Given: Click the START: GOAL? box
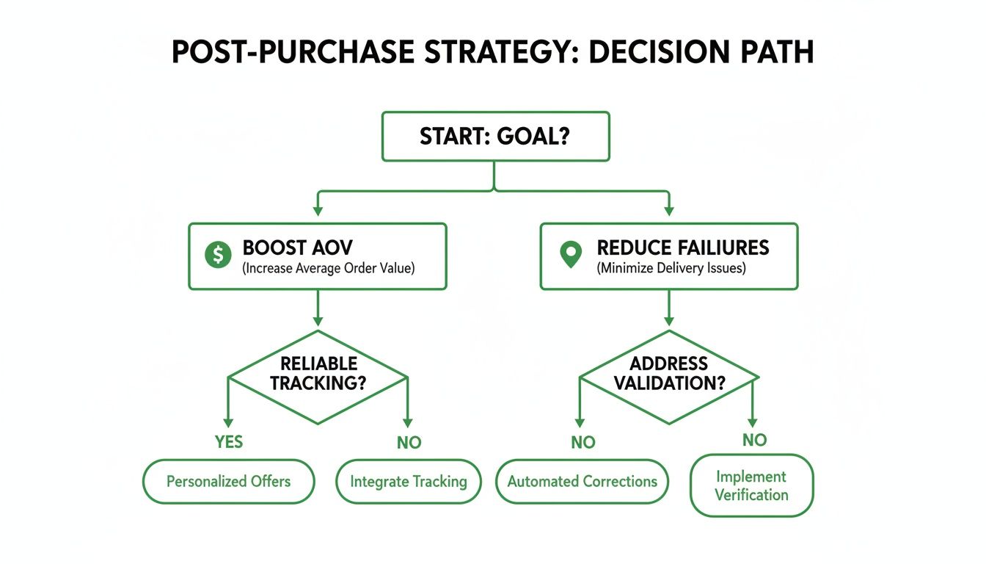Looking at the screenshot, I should [495, 137].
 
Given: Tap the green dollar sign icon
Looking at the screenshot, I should [218, 255].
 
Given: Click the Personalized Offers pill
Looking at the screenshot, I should [228, 482].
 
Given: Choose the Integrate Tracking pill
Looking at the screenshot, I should [408, 482].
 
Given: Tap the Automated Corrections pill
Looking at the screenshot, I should [582, 482].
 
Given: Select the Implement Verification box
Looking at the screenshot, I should [751, 486].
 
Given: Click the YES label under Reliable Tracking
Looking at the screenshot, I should [228, 442].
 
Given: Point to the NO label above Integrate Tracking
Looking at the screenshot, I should [408, 443].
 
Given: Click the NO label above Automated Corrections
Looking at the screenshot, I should [582, 442].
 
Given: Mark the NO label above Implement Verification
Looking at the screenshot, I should [754, 440].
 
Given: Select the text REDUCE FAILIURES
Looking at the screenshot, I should [683, 247].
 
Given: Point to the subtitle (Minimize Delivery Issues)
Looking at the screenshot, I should [671, 268].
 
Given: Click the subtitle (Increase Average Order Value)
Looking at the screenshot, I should [328, 268].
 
